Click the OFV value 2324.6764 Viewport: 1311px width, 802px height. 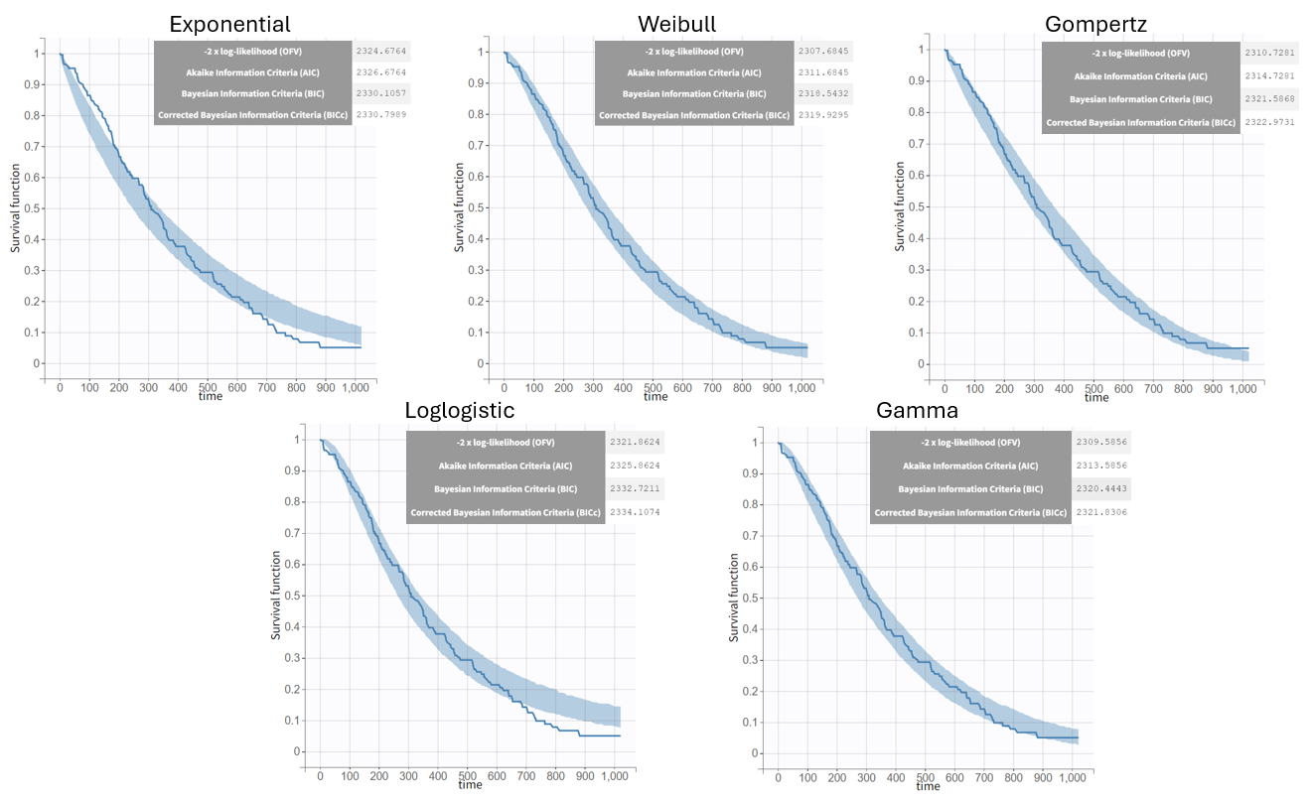tap(381, 50)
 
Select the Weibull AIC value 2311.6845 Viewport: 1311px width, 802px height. tap(824, 72)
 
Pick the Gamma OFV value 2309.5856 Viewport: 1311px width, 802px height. tap(1100, 443)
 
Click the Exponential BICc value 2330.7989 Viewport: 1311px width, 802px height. tap(381, 116)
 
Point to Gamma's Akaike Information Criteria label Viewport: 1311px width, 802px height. tap(970, 466)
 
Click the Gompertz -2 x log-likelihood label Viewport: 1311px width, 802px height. tap(1140, 53)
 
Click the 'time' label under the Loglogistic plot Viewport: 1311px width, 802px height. tap(471, 784)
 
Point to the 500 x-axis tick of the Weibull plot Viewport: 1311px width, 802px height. tap(653, 386)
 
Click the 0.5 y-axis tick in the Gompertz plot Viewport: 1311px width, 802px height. tap(925, 205)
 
